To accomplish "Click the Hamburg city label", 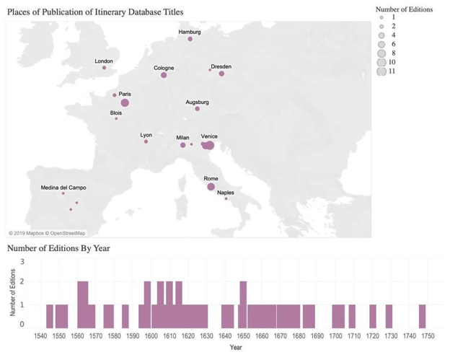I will point(190,32).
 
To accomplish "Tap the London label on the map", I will point(104,61).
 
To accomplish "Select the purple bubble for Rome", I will point(211,187).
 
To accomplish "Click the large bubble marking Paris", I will point(125,103).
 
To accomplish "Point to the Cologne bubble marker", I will point(164,75).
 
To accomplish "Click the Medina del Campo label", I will point(63,188).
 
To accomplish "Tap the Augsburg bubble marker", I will point(197,109).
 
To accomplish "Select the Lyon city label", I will point(146,135).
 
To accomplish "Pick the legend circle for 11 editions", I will point(381,71).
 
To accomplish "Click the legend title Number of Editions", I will point(399,9).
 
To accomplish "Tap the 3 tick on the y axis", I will point(22,262).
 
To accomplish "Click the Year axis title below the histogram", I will point(236,348).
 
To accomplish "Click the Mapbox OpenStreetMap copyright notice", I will point(47,232).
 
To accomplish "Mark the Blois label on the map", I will point(116,113).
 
